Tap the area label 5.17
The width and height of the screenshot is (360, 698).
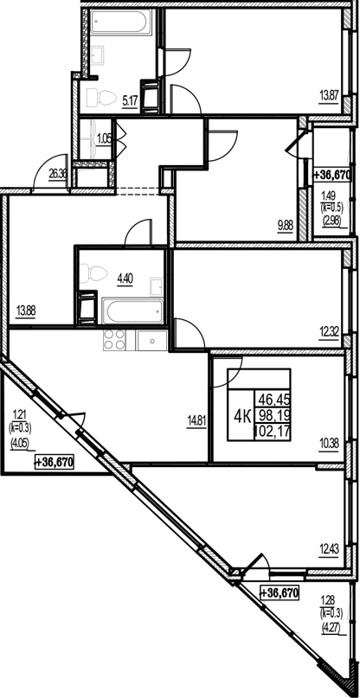tap(132, 100)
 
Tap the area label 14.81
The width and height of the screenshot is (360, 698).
tap(195, 424)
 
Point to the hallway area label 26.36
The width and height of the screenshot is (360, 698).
tap(59, 173)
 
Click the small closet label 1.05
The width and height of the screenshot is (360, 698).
tap(104, 138)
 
